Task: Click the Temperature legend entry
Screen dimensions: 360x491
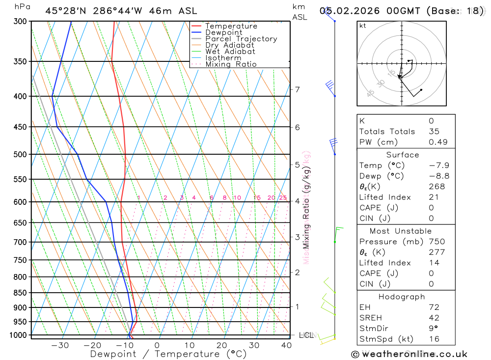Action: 231,26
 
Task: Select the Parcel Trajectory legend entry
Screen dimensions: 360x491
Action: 241,39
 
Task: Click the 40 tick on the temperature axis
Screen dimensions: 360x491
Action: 286,345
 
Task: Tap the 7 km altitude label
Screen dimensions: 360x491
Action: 297,89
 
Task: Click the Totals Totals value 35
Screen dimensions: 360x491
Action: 434,132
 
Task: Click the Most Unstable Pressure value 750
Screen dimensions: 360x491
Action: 436,242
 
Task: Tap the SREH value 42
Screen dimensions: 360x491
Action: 434,318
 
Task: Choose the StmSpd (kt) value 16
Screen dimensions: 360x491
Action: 434,339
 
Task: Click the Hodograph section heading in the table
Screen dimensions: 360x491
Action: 402,297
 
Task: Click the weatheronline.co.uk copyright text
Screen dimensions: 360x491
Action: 409,354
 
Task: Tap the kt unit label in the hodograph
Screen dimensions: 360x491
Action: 363,26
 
